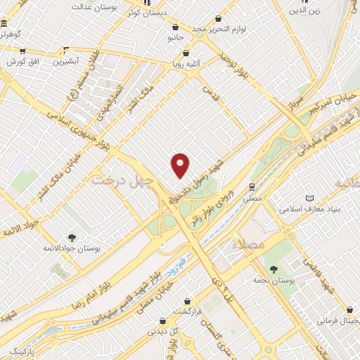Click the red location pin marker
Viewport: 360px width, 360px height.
[x=181, y=165]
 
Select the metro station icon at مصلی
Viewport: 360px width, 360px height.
[x=252, y=186]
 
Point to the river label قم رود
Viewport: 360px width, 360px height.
[x=181, y=263]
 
